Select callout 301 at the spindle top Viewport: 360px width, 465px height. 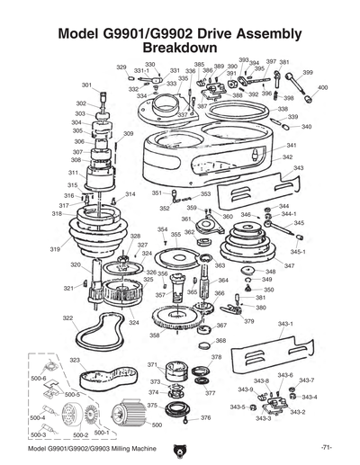pyautogui.click(x=86, y=85)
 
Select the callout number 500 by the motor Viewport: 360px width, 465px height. pyautogui.click(x=157, y=425)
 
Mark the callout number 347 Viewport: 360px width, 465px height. pyautogui.click(x=289, y=266)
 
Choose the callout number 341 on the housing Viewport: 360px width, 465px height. pyautogui.click(x=291, y=146)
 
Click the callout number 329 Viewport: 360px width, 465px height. pyautogui.click(x=121, y=67)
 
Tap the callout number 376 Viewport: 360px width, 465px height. pyautogui.click(x=205, y=417)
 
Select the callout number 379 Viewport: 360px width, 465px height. pyautogui.click(x=248, y=321)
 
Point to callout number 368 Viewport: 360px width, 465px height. pyautogui.click(x=220, y=341)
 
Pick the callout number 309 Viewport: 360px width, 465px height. pyautogui.click(x=129, y=134)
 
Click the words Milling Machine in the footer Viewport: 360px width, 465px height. pyautogui.click(x=130, y=447)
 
